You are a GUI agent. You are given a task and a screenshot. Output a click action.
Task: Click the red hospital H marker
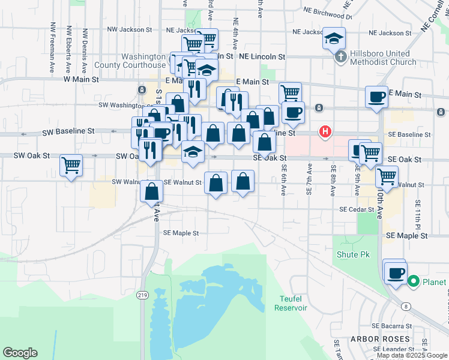point(325,131)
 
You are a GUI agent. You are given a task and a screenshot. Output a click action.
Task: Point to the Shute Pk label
point(353,255)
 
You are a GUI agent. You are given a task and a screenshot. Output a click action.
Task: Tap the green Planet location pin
point(413,281)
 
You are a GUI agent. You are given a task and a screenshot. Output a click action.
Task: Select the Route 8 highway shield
point(407,307)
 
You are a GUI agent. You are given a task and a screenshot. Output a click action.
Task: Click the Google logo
point(20,353)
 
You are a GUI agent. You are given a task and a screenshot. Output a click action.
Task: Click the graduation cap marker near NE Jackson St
point(334,39)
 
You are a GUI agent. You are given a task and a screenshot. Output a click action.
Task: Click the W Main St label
point(83,79)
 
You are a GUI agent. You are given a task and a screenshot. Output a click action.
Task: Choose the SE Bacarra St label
point(391,326)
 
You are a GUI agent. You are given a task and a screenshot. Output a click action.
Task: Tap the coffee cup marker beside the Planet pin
point(394,273)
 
